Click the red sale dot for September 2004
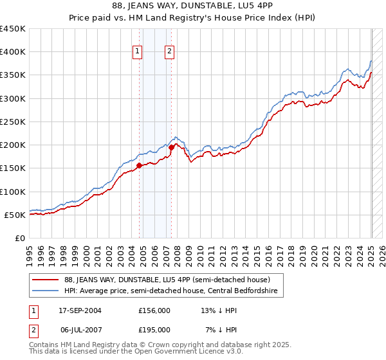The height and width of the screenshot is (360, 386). (x=139, y=166)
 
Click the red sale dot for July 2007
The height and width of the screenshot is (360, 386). (x=171, y=147)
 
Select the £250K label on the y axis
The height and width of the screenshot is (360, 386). (x=14, y=122)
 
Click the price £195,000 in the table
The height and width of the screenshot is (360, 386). (x=154, y=329)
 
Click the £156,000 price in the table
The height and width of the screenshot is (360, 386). (x=154, y=310)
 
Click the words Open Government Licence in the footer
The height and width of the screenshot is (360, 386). (x=200, y=353)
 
